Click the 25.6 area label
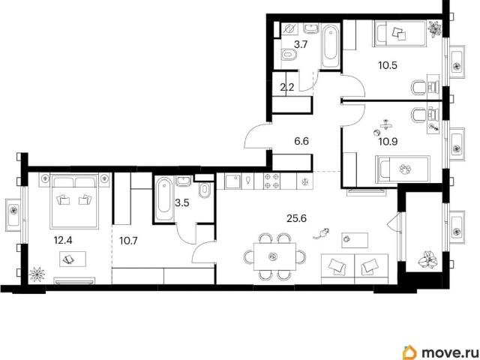pos(296,218)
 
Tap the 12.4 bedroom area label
pos(63,240)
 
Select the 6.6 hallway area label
pos(301,142)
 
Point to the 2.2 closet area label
pos(287,88)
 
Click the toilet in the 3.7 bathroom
pos(288,55)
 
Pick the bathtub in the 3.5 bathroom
pos(164,199)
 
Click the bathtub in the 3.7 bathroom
pos(331,46)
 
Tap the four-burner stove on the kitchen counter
pos(271,181)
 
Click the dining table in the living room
pos(275,256)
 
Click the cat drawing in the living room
pos(321,233)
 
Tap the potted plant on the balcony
pos(428,259)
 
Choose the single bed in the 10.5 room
pos(400,34)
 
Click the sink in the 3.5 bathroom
pos(184,181)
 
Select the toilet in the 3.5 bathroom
pos(204,190)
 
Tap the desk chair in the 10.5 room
pos(418,88)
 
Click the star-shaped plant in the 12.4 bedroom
pos(37,274)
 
